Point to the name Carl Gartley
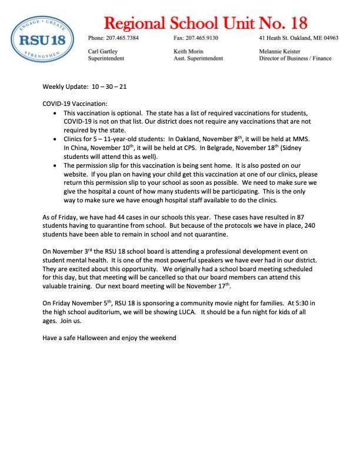click(102, 51)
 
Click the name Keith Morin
click(188, 51)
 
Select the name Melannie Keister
click(279, 51)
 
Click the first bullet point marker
click(56, 112)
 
